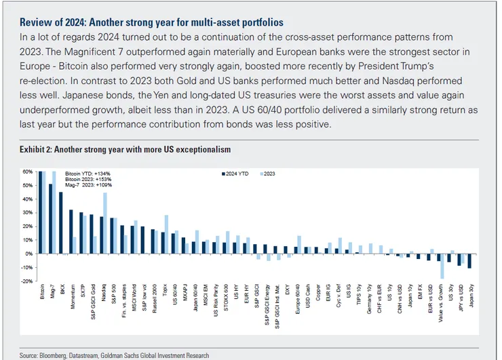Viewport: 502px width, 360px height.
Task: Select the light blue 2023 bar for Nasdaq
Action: [x=105, y=224]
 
